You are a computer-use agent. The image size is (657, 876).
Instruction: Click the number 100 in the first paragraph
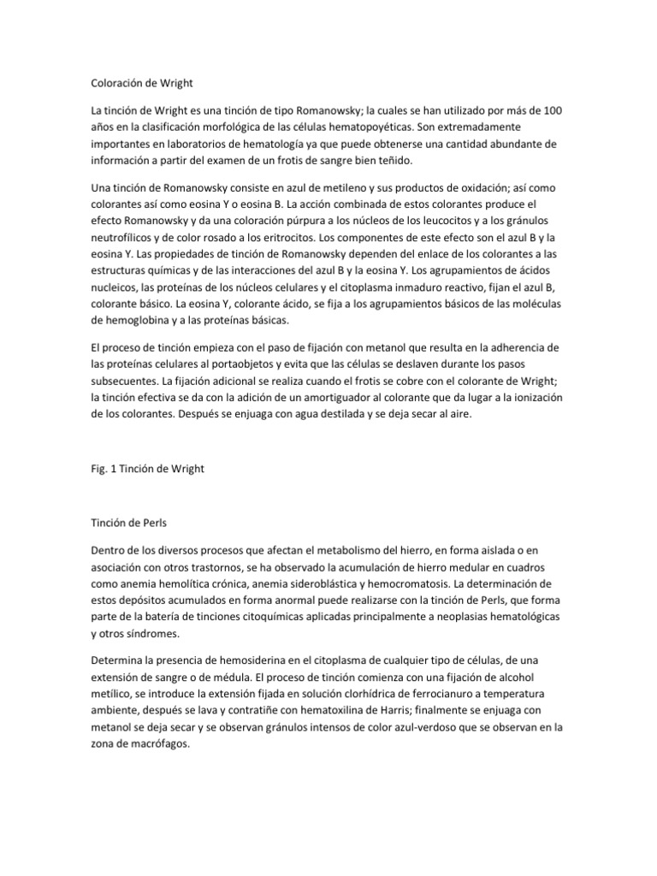[x=550, y=111]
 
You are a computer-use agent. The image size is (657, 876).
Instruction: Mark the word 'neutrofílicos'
[x=125, y=237]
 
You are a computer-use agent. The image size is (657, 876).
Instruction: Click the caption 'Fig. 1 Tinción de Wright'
[x=147, y=469]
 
